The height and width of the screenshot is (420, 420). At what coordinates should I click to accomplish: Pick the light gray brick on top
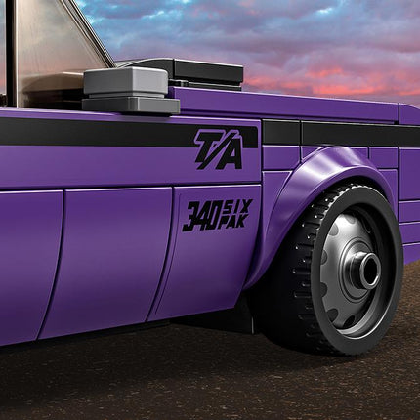pos(126,81)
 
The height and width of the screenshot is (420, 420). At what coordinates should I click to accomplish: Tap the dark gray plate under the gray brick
pos(131,105)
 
